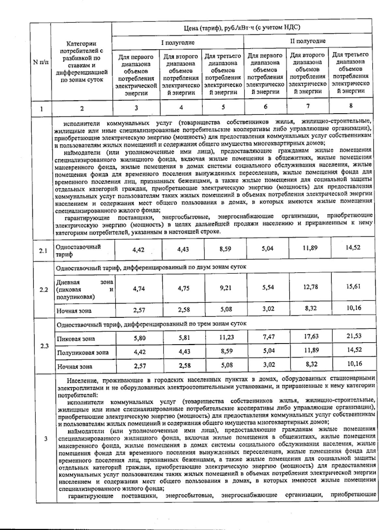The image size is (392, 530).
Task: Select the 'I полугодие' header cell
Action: click(x=178, y=42)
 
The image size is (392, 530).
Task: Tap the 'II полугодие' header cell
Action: click(x=308, y=41)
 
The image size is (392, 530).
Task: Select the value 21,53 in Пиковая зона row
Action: click(x=353, y=336)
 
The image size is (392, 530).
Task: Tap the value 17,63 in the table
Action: click(x=311, y=336)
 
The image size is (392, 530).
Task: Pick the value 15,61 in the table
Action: click(x=353, y=287)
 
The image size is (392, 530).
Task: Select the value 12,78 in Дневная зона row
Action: click(x=310, y=287)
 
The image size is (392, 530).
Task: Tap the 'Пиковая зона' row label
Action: click(x=76, y=339)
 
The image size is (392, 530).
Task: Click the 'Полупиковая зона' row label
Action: click(x=83, y=353)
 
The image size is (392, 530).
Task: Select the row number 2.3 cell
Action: click(x=44, y=346)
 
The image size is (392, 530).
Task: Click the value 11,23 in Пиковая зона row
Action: click(x=226, y=337)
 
